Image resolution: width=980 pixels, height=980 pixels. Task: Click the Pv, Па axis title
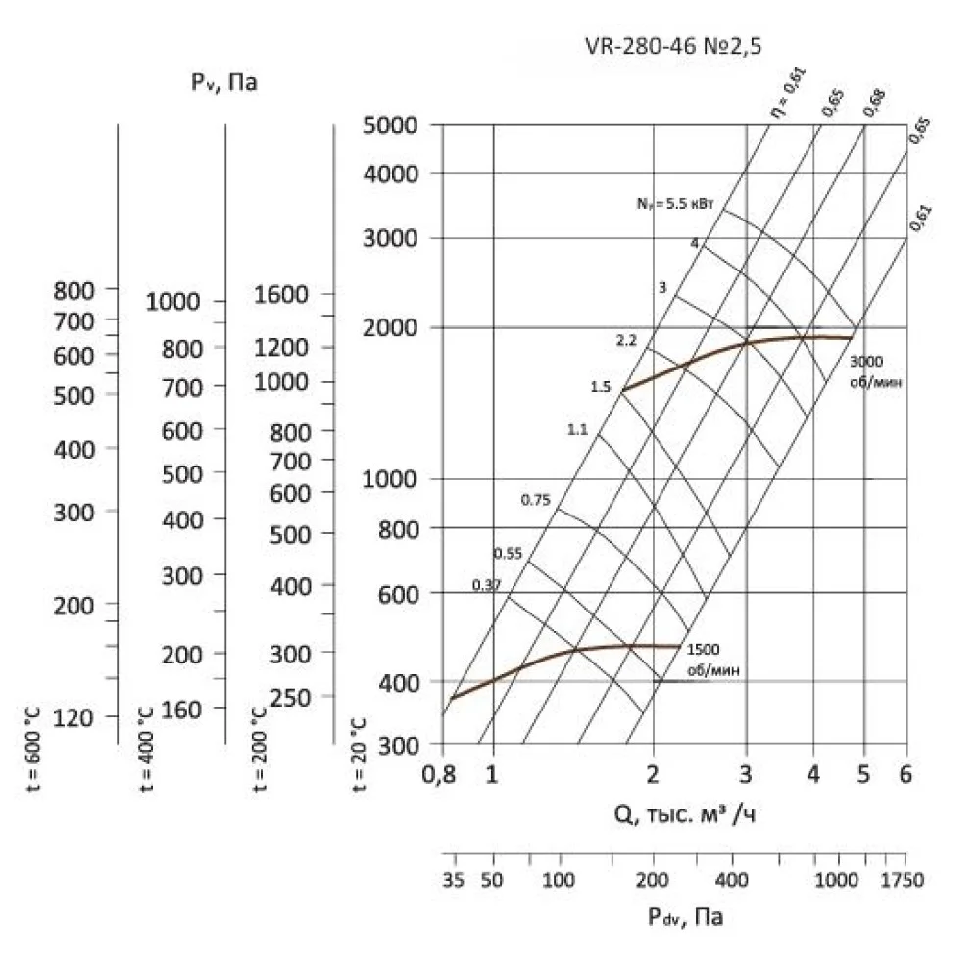click(224, 84)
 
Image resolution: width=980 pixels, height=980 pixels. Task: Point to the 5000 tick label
click(391, 125)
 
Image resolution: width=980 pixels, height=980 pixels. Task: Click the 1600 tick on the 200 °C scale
click(280, 294)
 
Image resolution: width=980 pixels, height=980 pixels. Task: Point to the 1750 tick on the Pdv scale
click(902, 880)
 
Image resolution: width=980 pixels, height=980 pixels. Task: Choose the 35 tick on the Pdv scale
click(452, 880)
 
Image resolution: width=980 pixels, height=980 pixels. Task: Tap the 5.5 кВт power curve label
click(676, 205)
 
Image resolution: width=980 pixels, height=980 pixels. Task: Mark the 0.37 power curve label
click(486, 585)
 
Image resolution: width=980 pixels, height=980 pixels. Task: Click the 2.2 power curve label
click(626, 341)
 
